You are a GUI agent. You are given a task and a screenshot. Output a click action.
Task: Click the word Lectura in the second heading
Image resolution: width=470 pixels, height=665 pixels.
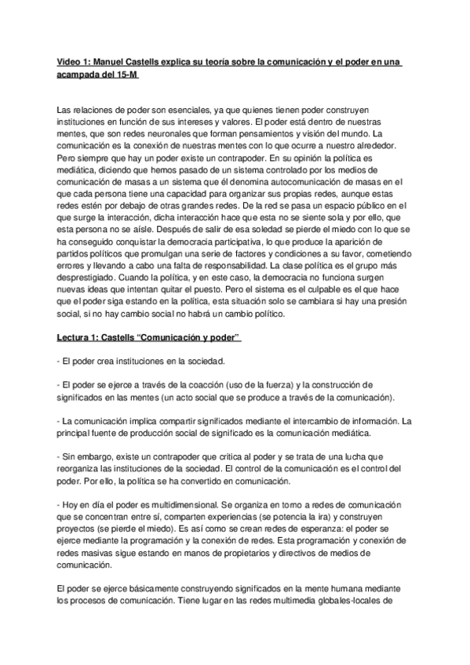coord(77,338)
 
